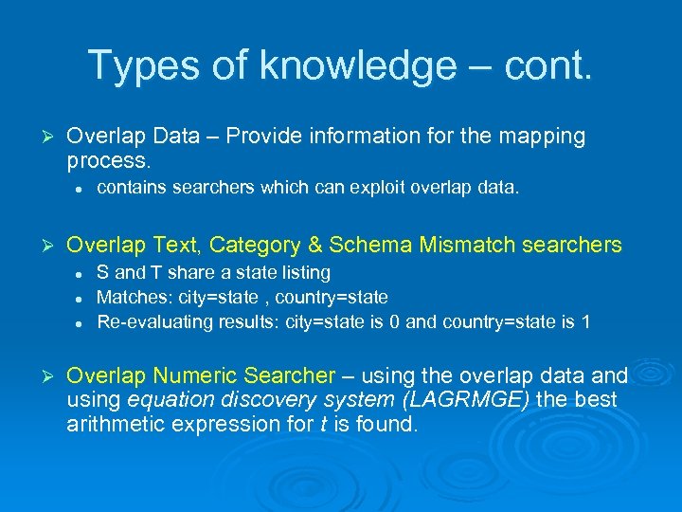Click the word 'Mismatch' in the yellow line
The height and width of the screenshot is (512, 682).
pos(463,246)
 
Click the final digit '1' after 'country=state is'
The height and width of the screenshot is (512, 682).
pos(585,321)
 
